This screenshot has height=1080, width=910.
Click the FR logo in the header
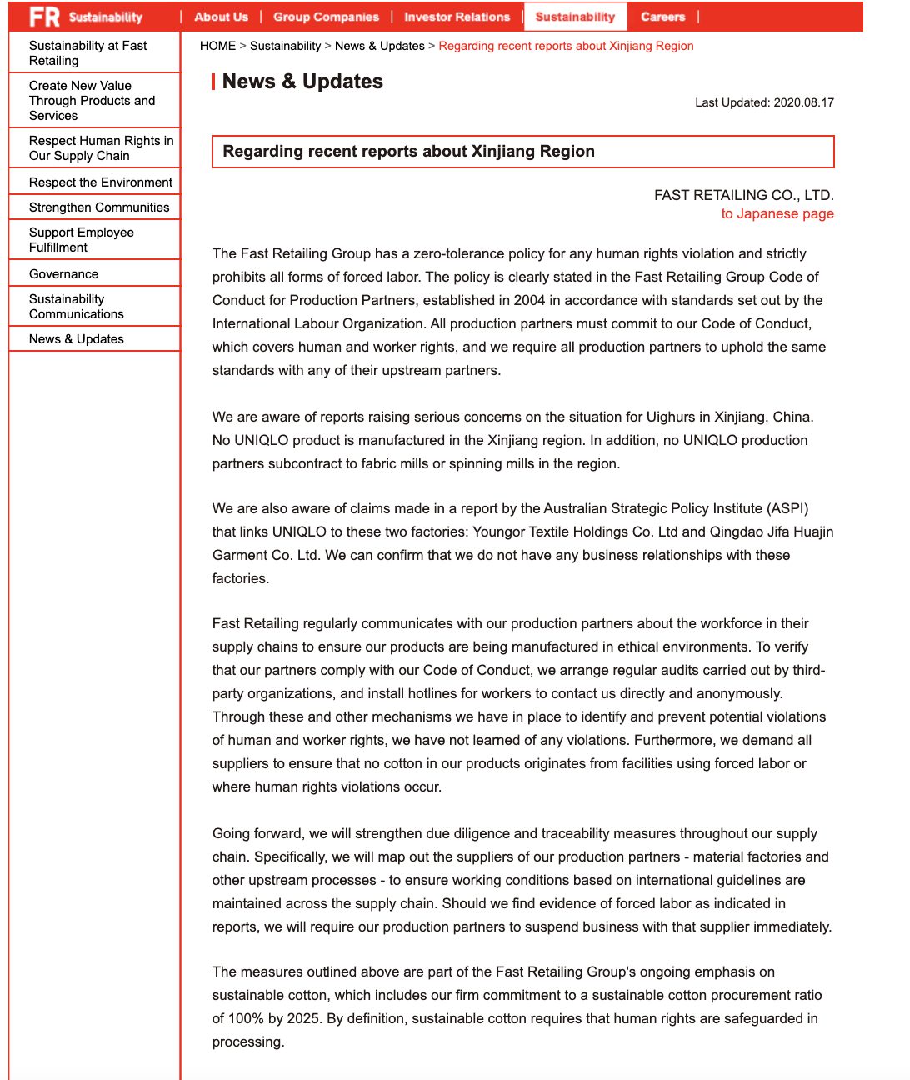click(44, 17)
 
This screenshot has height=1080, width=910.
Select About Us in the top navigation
click(221, 17)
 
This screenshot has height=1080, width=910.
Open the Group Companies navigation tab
click(326, 17)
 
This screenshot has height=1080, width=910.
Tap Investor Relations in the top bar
click(457, 17)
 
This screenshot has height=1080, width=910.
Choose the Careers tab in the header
click(662, 17)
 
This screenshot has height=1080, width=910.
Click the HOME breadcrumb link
click(217, 46)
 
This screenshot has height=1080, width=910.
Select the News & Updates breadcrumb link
click(379, 46)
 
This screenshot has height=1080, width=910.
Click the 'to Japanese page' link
click(777, 213)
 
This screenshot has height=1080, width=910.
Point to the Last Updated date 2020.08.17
click(803, 102)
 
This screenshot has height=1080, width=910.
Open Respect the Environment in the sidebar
click(101, 182)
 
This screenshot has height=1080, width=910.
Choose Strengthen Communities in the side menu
click(99, 207)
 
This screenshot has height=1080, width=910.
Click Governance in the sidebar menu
click(63, 274)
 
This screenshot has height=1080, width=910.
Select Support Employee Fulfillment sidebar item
click(82, 240)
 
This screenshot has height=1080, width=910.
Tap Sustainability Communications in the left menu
click(77, 307)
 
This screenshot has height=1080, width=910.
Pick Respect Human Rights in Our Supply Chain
click(101, 148)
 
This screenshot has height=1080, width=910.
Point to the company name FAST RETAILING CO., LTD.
click(743, 195)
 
